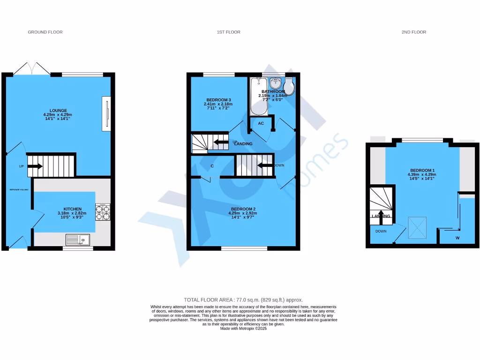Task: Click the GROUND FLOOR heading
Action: point(45,32)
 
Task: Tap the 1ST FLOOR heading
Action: point(228,32)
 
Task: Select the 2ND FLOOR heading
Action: point(413,32)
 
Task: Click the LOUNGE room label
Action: point(59,111)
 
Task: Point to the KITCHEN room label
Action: point(73,209)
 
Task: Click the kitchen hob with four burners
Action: point(103,212)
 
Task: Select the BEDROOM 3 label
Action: point(219,100)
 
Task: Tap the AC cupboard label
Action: point(261,123)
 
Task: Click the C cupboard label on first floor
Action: point(212,166)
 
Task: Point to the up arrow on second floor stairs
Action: point(381,215)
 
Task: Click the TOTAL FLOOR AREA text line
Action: point(243,300)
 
